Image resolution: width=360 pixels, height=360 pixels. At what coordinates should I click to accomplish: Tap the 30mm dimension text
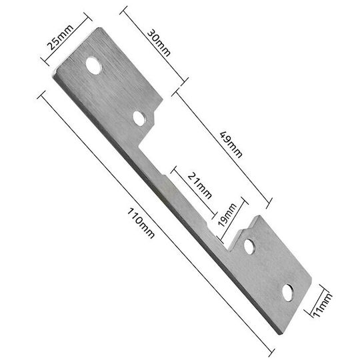(159, 43)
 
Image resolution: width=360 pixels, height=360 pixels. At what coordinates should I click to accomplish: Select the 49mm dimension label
(231, 145)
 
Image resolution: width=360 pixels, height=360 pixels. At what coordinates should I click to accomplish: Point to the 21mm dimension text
(199, 185)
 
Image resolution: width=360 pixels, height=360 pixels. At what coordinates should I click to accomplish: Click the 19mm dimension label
(227, 215)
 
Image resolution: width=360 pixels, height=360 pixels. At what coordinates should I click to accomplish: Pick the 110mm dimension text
(141, 223)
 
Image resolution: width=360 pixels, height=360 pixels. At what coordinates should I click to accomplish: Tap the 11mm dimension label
(322, 305)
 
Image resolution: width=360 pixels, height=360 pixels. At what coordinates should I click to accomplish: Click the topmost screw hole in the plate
(94, 65)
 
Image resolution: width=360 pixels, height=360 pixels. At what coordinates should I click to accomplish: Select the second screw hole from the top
(139, 118)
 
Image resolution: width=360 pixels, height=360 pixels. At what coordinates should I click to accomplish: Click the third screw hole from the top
(249, 247)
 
